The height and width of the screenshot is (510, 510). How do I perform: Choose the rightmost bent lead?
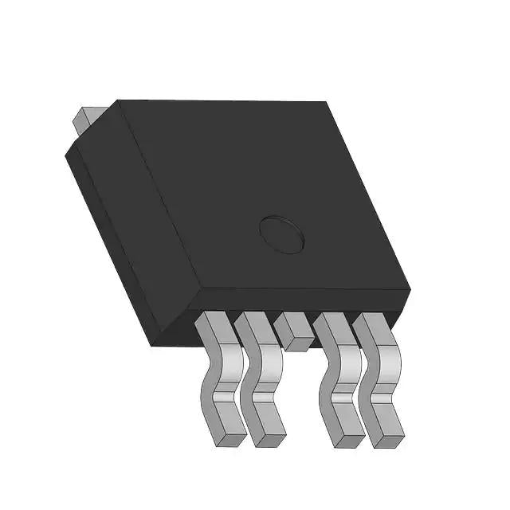pyautogui.click(x=381, y=382)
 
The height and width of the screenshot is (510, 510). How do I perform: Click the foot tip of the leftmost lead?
pyautogui.click(x=229, y=437)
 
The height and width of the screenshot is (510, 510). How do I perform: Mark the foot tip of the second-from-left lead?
pyautogui.click(x=269, y=437)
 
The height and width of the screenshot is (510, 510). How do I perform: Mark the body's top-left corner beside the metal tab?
pyautogui.click(x=119, y=101)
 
